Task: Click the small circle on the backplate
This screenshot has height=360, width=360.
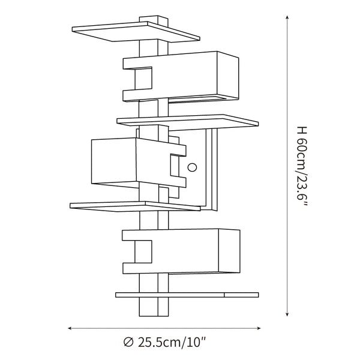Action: coord(192,167)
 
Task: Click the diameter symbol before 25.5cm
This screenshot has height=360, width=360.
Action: coord(128,343)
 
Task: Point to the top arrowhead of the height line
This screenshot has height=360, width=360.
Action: coord(287,17)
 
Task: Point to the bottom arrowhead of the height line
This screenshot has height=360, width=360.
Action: coord(287,314)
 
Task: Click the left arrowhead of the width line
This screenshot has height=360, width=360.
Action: coord(70,328)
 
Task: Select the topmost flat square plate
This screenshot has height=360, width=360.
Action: coord(136,31)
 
